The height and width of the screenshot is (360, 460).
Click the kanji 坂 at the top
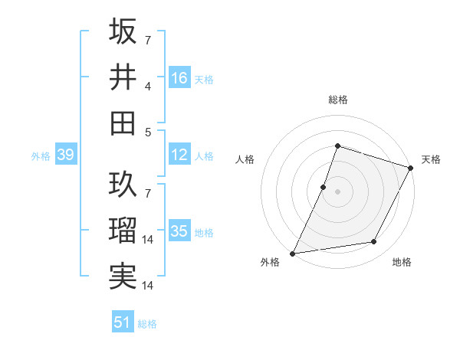tap(123, 32)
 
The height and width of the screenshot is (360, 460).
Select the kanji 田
tap(123, 122)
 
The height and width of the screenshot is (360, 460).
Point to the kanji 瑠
tap(123, 230)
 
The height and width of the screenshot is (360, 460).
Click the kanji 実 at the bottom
tap(123, 275)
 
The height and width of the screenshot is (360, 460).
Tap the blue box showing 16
tap(179, 77)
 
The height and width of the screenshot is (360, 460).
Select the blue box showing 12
tap(179, 155)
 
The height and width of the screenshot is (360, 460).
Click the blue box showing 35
tap(179, 231)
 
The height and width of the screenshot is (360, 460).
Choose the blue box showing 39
tap(65, 155)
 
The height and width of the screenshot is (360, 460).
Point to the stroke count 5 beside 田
tap(148, 132)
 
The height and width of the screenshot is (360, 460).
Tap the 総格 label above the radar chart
tap(337, 100)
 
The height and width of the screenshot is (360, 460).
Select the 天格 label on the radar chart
tap(431, 159)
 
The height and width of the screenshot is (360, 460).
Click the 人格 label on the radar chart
tap(245, 159)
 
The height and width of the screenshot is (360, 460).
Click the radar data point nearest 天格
tap(411, 168)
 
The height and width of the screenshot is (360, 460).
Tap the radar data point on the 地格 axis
tap(374, 242)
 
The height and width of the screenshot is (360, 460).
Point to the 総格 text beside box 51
tap(147, 323)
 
